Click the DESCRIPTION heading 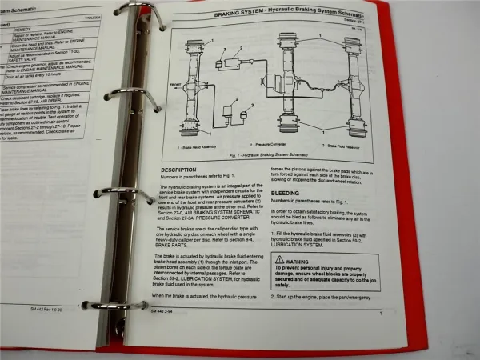[178, 170]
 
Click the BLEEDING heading [286, 193]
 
